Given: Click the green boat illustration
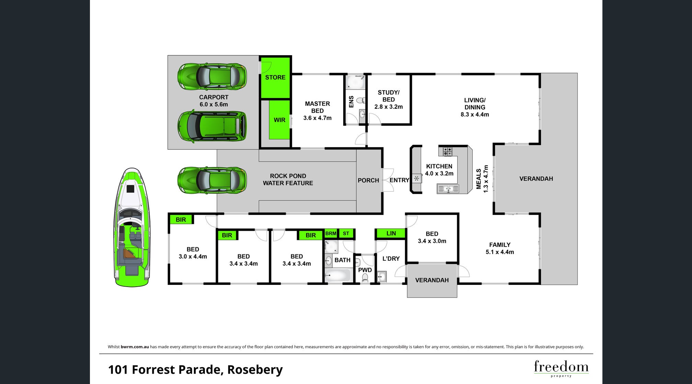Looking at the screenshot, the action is pos(132,227).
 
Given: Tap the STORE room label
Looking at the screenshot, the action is pos(275,77).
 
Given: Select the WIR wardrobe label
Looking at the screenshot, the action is pos(279,120).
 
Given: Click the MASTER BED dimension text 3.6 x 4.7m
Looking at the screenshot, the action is pos(318,118).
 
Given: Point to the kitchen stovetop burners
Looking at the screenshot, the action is pos(447,151).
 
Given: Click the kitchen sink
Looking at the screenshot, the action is pos(448,189).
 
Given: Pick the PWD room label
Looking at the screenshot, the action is pos(365,270).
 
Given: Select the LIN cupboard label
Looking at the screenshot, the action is pos(391,233).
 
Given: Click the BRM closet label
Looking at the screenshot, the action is pos(331,233).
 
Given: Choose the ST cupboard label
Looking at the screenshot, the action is pos(346,233).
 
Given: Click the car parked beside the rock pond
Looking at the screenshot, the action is pos(212,180).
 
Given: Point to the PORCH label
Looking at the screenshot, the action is pos(368,180).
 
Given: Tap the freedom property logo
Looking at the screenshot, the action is pos(561,368).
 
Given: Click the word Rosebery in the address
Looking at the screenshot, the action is pos(255,370).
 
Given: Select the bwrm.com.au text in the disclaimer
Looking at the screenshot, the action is pos(135,347).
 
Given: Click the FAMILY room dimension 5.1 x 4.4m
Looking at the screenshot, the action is pos(500,252).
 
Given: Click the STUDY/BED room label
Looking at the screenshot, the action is pos(389,96).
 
